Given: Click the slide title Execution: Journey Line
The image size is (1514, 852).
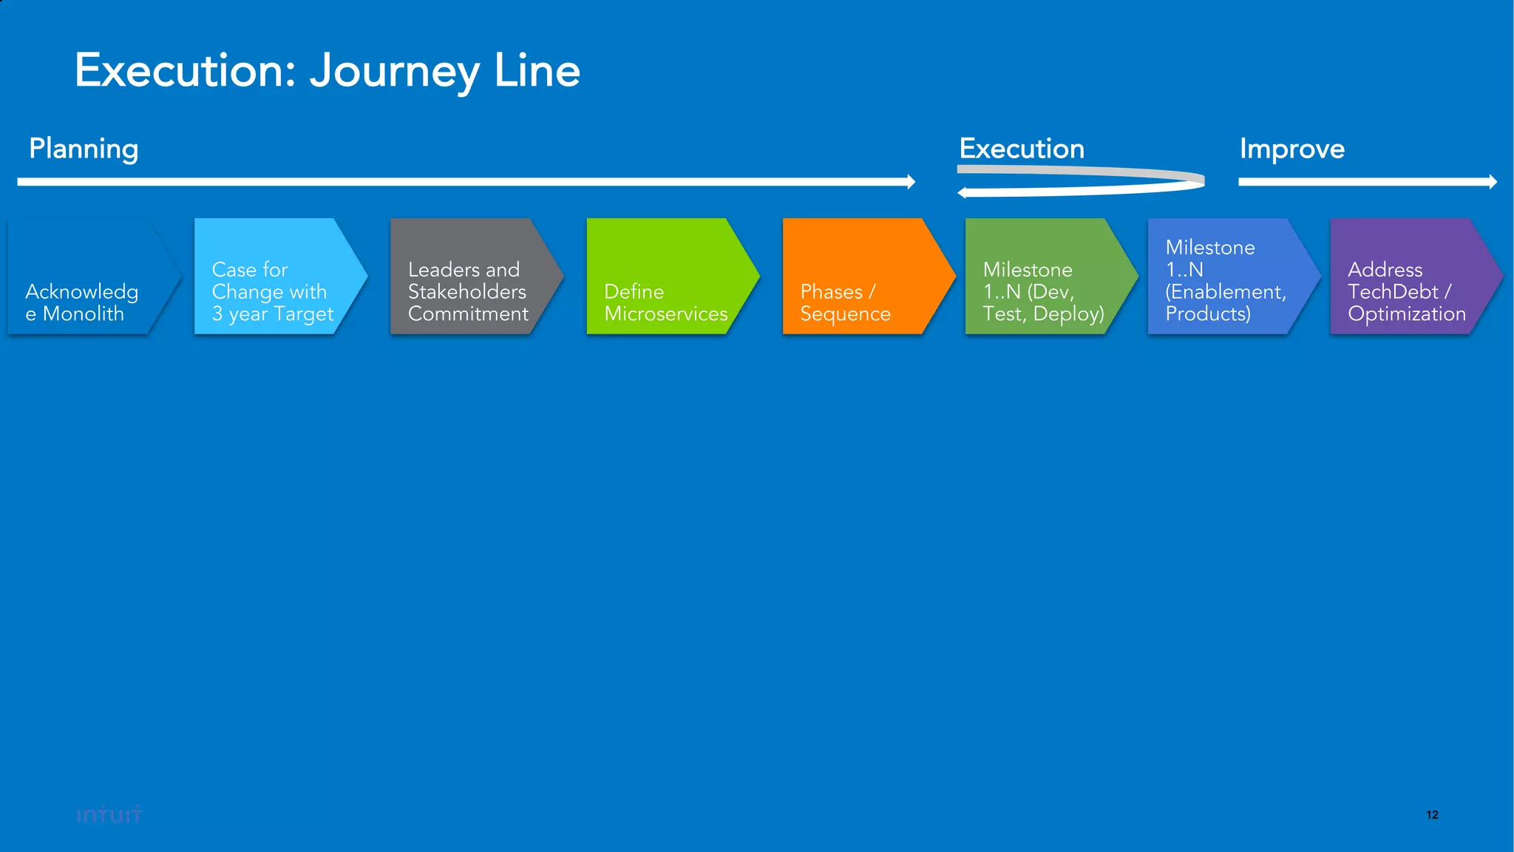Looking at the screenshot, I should tap(327, 71).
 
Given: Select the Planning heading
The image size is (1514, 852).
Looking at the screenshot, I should tap(84, 149).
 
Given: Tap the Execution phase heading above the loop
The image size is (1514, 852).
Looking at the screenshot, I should tap(1021, 149).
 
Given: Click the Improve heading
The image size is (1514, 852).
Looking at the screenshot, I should tap(1291, 149).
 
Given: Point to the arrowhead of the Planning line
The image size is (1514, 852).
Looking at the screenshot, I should tap(912, 182).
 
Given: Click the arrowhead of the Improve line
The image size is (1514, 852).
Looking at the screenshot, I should tap(1493, 182).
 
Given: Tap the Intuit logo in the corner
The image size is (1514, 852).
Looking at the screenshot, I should tap(109, 815).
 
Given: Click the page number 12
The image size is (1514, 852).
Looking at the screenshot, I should tap(1432, 815).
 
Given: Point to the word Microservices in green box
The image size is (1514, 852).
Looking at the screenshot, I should tap(665, 314).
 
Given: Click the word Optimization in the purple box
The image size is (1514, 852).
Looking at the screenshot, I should tap(1406, 314).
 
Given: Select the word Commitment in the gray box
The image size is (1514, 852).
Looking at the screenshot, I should tap(468, 314).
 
